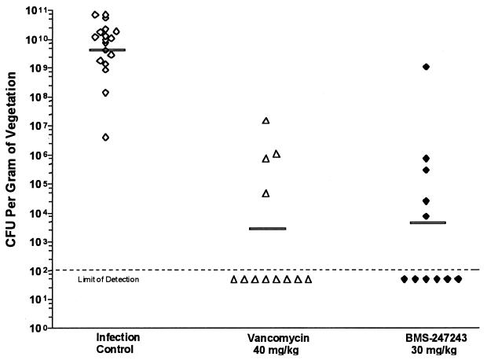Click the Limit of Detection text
tap(108, 280)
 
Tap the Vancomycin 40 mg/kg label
tap(268, 343)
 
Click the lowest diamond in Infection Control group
tap(105, 138)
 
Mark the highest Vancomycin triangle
tap(265, 120)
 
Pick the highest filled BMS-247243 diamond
tap(426, 67)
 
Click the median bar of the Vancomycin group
tap(268, 229)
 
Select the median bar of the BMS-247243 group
tap(428, 222)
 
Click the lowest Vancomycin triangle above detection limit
tap(265, 193)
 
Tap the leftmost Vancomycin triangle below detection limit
tap(234, 279)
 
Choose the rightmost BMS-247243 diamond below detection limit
tap(458, 279)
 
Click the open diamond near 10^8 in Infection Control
tap(105, 93)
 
